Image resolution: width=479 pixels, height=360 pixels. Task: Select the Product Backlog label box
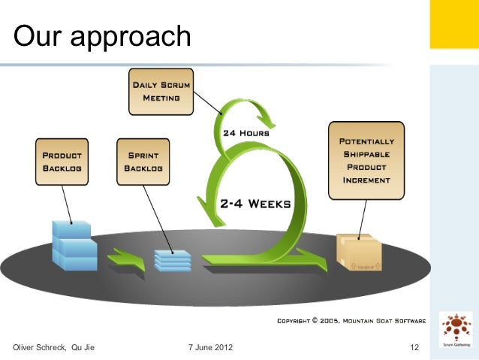point(62,160)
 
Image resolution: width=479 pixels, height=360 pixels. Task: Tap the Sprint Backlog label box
point(141,160)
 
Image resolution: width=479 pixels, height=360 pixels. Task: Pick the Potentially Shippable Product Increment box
point(366,160)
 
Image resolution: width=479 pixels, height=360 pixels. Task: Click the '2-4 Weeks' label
point(255,203)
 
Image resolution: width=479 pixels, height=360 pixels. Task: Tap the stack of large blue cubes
point(74,245)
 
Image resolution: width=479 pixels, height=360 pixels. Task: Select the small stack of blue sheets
point(171,259)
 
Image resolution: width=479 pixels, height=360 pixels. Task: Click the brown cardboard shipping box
point(359,251)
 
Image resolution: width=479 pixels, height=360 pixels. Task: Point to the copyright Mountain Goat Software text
point(351,321)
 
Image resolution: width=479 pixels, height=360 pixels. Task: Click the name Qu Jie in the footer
point(83,347)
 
